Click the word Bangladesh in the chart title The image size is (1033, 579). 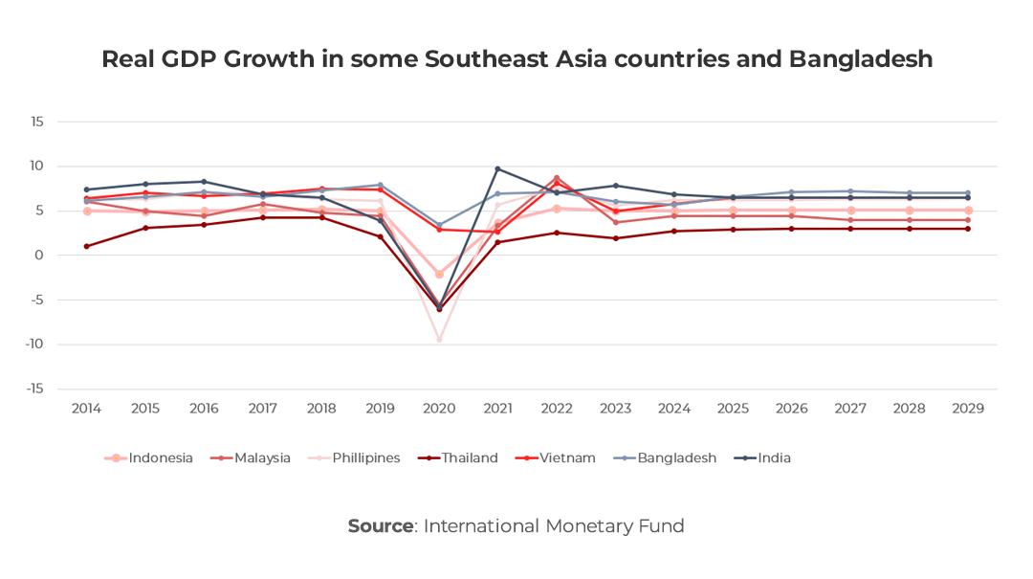point(860,59)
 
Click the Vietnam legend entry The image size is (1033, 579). point(566,457)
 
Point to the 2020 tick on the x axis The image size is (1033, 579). point(440,409)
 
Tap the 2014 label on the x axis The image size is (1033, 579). point(87,409)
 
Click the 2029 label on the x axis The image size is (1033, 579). point(968,409)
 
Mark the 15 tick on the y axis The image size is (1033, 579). point(37,122)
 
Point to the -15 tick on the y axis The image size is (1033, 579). point(34,389)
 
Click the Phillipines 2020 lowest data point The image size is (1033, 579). point(440,340)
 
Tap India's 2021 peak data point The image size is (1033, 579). point(498,169)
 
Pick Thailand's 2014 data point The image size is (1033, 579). point(87,246)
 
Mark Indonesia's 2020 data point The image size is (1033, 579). point(440,274)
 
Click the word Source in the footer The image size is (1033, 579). point(380,525)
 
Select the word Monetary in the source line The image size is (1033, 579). point(590,525)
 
